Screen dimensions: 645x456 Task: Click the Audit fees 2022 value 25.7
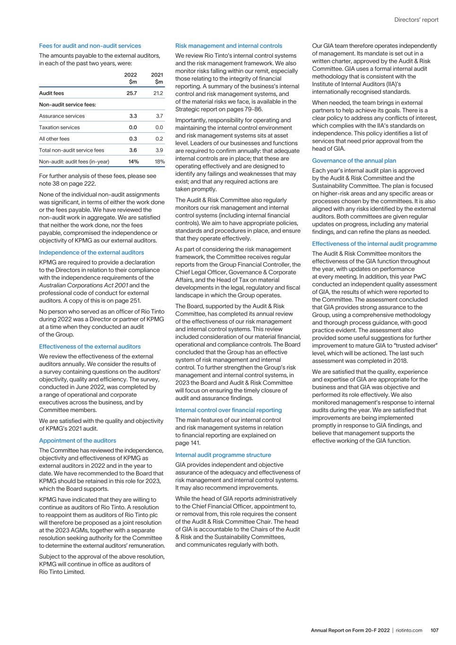point(131,93)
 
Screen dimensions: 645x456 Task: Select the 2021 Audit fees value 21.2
point(158,93)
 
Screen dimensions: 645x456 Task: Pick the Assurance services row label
point(62,116)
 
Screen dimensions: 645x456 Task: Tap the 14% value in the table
point(133,162)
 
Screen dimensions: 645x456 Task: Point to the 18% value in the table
point(160,162)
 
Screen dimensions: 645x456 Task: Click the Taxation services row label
point(60,128)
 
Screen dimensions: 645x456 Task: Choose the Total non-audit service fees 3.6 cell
point(133,150)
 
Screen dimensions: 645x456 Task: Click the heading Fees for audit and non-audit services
point(90,46)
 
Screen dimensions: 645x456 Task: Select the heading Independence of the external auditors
point(91,252)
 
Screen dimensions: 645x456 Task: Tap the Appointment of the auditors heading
point(77,440)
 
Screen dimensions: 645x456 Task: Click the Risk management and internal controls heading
point(229,46)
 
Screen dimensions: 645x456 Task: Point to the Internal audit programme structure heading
point(223,455)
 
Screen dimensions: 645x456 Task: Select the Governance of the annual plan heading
point(354,161)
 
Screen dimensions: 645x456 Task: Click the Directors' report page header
point(416,20)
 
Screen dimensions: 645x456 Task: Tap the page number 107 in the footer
point(434,630)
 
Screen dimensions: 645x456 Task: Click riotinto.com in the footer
point(409,630)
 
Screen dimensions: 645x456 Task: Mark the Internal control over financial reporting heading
point(228,410)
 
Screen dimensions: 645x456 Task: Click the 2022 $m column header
point(130,78)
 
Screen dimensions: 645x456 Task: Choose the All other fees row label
point(54,139)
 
